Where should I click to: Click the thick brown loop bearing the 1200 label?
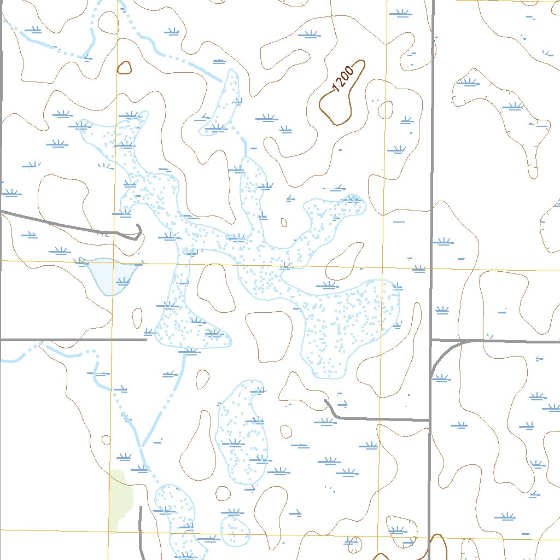322,109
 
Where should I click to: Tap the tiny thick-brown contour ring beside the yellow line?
124,68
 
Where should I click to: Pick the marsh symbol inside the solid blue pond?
123,282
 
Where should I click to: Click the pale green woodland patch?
120,498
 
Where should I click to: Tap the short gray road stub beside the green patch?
141,525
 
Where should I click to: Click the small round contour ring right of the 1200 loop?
385,110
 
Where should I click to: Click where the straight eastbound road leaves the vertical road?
431,340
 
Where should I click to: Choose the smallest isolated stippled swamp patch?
235,529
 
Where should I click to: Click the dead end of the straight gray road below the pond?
147,340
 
